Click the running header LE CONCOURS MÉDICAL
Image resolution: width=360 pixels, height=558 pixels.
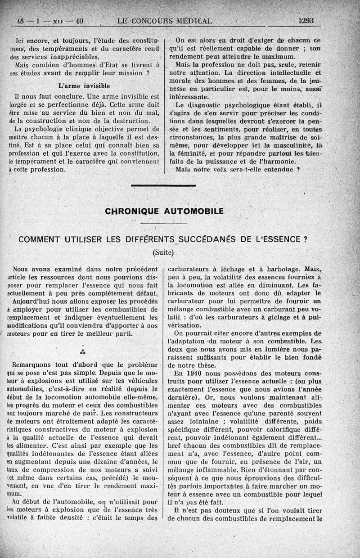(x=164, y=21)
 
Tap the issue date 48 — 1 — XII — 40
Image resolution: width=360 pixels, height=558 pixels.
(x=50, y=21)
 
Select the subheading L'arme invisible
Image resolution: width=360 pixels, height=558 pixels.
(x=84, y=85)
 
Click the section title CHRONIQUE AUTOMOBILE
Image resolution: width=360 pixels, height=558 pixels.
(x=164, y=211)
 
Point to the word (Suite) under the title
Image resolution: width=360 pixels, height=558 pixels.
(x=163, y=252)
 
